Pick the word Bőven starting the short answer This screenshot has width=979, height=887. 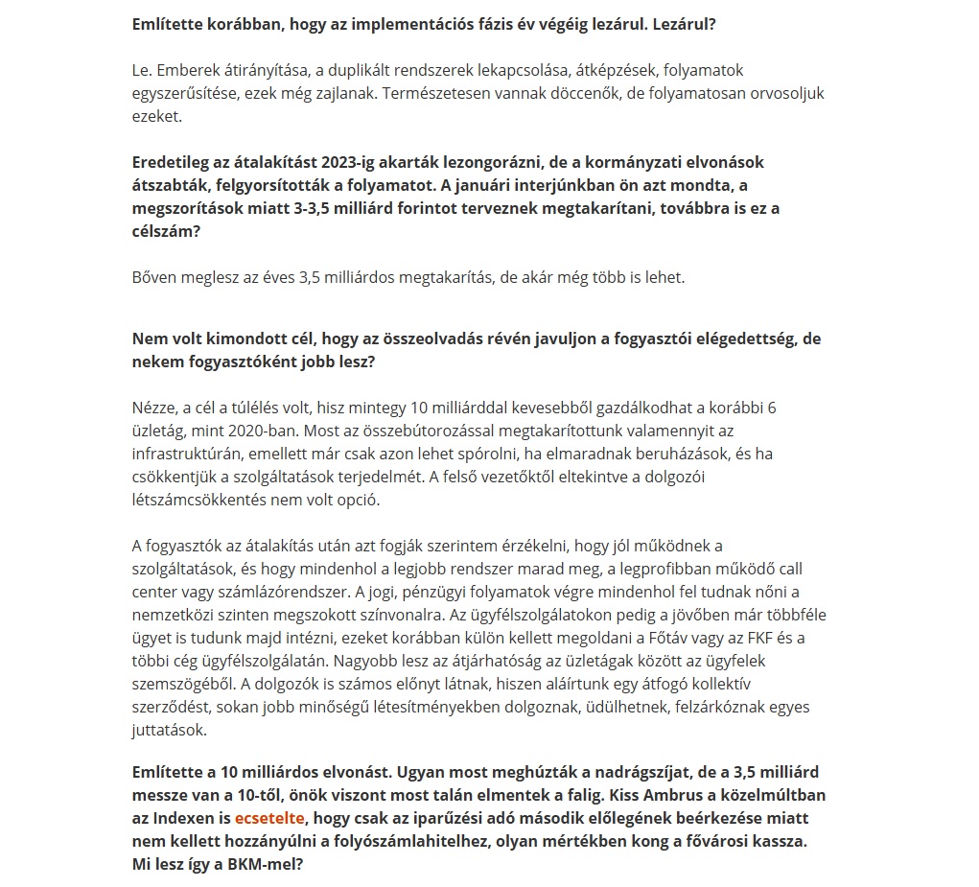tap(154, 278)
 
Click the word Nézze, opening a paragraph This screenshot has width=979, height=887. tap(155, 408)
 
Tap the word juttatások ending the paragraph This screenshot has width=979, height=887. tap(169, 730)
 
